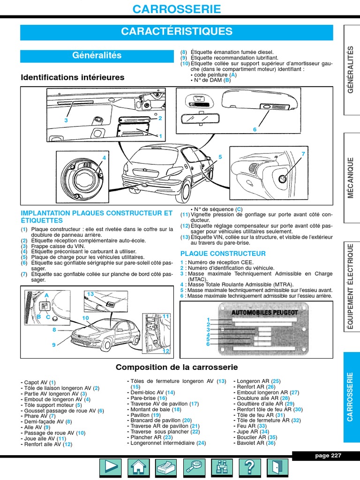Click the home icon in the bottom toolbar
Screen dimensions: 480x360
pos(137,467)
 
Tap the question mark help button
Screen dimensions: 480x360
pos(250,467)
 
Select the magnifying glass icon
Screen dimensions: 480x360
pos(194,467)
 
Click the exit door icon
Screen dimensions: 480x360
pos(278,467)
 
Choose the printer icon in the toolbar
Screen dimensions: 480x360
pos(165,467)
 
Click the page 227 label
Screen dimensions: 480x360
pos(328,456)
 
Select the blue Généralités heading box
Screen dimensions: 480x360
pos(97,55)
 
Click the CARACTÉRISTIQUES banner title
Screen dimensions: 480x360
pos(176,32)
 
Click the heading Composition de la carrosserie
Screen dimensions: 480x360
pos(177,367)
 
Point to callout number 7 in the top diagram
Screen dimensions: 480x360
pos(303,154)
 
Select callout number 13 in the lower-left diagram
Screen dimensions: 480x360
pos(90,294)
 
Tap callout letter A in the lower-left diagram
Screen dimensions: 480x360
pos(46,295)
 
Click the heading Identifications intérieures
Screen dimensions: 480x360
pos(73,77)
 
